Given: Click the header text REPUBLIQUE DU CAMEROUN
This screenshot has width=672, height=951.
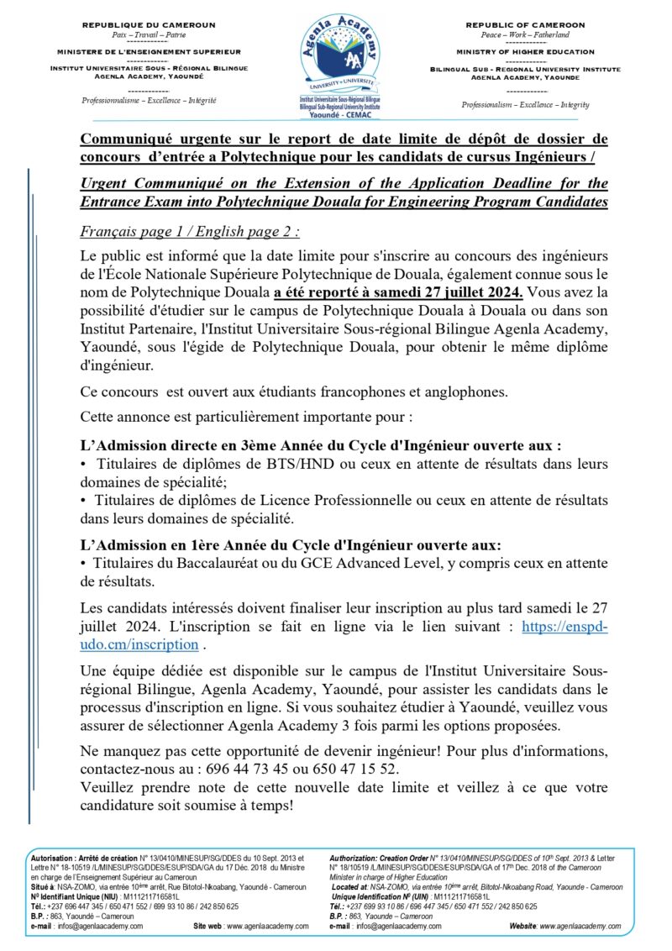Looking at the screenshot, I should coord(149,25).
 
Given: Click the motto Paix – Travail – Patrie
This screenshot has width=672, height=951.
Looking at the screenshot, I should coord(148,35).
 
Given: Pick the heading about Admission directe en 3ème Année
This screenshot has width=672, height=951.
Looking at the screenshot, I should coord(320,445).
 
